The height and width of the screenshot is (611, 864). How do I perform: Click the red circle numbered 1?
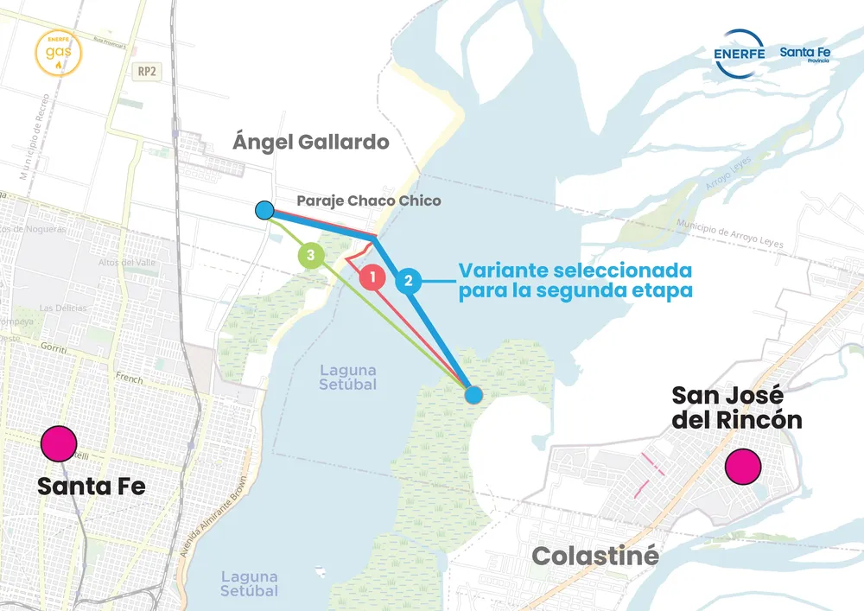tap(372, 278)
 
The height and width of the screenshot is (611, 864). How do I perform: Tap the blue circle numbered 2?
tap(409, 281)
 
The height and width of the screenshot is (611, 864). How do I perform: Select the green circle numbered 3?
tap(311, 256)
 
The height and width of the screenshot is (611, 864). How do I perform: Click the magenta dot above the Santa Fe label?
tap(59, 444)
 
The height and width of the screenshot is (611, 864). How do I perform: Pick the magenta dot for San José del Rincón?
tap(743, 466)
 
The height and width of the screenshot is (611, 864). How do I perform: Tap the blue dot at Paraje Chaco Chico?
tap(265, 210)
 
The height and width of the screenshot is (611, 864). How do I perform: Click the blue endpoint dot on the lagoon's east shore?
tap(473, 395)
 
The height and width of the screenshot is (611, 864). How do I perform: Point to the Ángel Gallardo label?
tap(311, 142)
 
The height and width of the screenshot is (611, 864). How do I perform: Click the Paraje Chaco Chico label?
tap(369, 200)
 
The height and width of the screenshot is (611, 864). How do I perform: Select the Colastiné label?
tap(595, 556)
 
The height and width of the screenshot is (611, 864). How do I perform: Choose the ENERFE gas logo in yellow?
tap(60, 52)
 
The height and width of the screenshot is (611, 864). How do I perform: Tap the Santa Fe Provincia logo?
tap(805, 54)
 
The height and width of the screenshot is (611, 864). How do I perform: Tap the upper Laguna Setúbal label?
tap(348, 378)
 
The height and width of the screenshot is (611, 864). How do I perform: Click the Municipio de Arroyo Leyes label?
tap(730, 235)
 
